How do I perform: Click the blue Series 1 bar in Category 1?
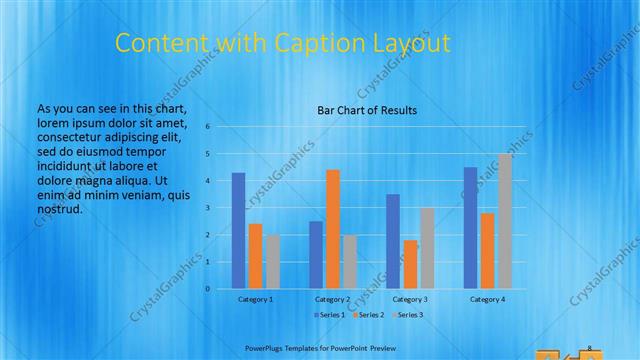click(238, 231)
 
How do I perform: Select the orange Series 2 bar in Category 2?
click(333, 229)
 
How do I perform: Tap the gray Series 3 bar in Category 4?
click(505, 221)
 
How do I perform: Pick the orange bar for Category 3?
click(410, 264)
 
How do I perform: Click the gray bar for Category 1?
click(272, 262)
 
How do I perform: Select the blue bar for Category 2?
click(316, 255)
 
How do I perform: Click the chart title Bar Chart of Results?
click(367, 110)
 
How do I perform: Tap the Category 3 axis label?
click(410, 299)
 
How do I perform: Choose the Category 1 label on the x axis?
click(255, 299)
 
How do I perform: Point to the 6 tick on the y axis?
click(207, 127)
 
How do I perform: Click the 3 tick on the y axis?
click(207, 208)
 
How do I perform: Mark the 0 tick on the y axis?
click(207, 289)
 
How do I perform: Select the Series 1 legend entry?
click(330, 315)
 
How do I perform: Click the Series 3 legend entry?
click(408, 315)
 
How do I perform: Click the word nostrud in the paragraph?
click(58, 209)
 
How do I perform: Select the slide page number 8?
click(590, 347)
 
